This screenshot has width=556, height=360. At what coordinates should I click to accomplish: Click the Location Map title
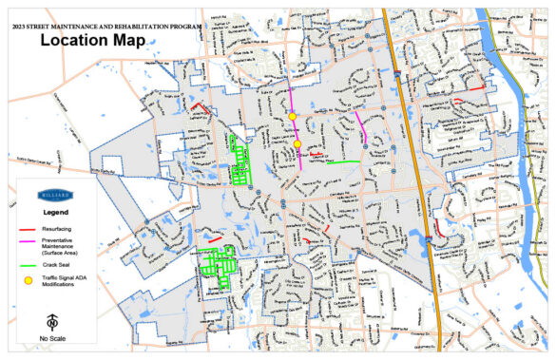pos(92,41)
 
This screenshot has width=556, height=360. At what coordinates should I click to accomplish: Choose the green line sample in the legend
pos(29,264)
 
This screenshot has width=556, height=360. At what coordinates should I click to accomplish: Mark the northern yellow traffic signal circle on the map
pos(293,116)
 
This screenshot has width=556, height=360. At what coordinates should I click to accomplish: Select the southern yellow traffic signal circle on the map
pos(297,144)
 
